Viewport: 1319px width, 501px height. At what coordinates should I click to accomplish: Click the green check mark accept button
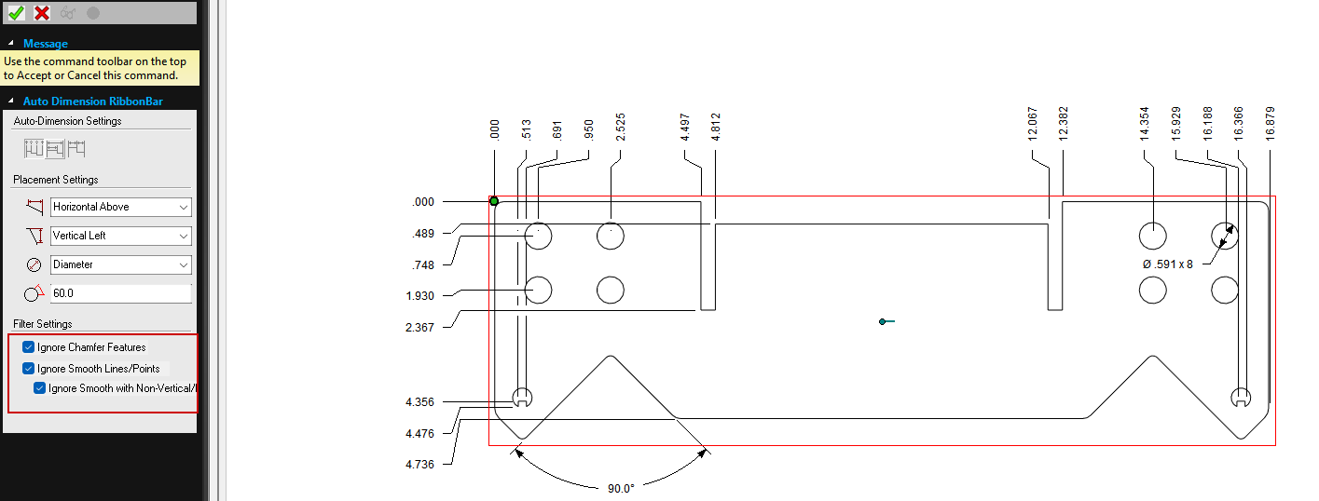(x=16, y=13)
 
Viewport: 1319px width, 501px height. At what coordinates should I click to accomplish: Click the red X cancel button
(x=42, y=13)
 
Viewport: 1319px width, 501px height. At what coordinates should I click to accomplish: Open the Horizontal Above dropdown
(x=120, y=207)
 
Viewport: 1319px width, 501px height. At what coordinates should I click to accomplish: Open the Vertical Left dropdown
(x=120, y=236)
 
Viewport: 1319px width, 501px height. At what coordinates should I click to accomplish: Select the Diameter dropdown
(x=120, y=264)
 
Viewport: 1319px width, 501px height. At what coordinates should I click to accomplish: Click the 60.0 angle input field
(x=120, y=293)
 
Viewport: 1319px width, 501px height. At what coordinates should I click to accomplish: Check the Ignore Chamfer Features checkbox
(x=28, y=347)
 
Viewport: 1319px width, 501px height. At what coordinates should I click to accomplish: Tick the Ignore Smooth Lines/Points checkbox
(x=28, y=369)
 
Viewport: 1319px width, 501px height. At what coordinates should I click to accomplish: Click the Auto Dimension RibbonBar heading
(x=92, y=102)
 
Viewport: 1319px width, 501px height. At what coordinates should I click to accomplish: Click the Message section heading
(x=46, y=44)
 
